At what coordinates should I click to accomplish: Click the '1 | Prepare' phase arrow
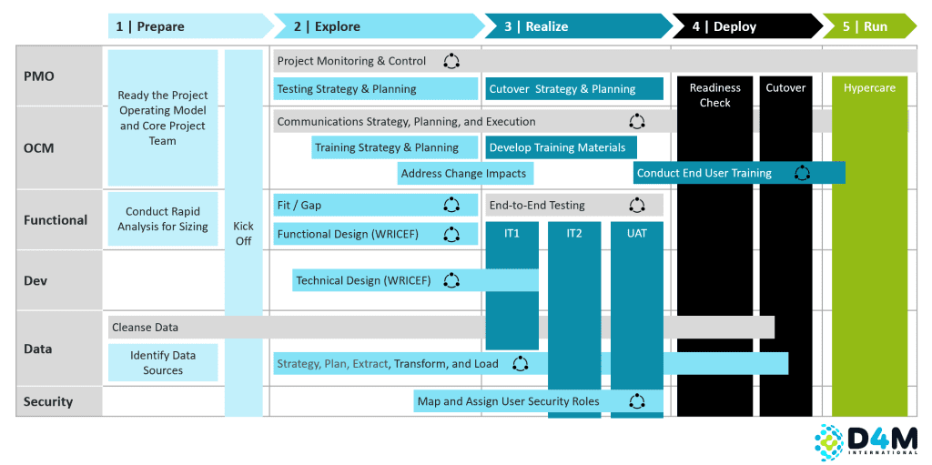(x=190, y=26)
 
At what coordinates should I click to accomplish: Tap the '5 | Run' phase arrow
(x=870, y=26)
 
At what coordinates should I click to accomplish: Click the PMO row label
(x=38, y=76)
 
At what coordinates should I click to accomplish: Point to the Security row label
(x=48, y=401)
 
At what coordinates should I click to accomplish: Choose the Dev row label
(x=35, y=280)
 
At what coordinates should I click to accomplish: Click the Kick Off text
(x=244, y=234)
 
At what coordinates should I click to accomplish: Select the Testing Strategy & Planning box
(x=376, y=88)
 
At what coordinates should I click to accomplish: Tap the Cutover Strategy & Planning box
(x=574, y=88)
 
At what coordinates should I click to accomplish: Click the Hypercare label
(x=869, y=88)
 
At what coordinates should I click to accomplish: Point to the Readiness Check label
(x=715, y=96)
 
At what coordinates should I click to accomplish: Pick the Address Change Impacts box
(x=465, y=174)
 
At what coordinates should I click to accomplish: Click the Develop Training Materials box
(x=561, y=147)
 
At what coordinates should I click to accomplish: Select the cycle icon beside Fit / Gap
(x=451, y=205)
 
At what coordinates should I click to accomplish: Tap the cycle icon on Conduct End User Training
(x=803, y=173)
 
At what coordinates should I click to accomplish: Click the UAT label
(x=636, y=234)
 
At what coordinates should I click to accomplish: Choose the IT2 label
(x=573, y=234)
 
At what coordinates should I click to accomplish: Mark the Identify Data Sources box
(x=163, y=363)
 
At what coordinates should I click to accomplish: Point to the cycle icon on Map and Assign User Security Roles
(x=637, y=401)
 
